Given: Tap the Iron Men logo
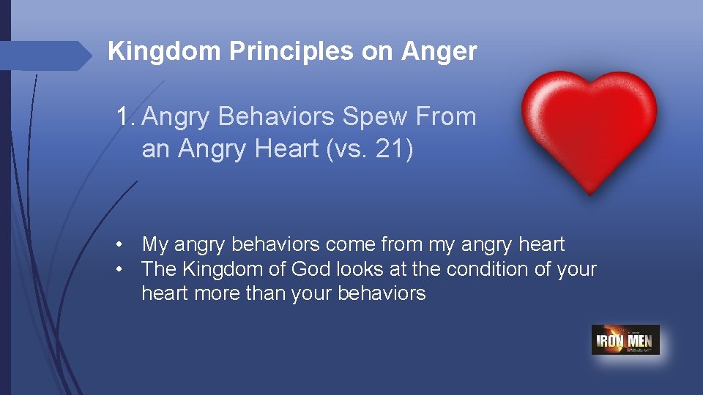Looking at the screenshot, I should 625,340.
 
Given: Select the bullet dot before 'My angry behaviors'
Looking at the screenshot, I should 119,244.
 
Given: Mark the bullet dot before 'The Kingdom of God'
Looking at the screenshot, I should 119,269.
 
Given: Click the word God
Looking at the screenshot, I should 310,269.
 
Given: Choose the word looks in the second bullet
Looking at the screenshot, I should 359,269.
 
